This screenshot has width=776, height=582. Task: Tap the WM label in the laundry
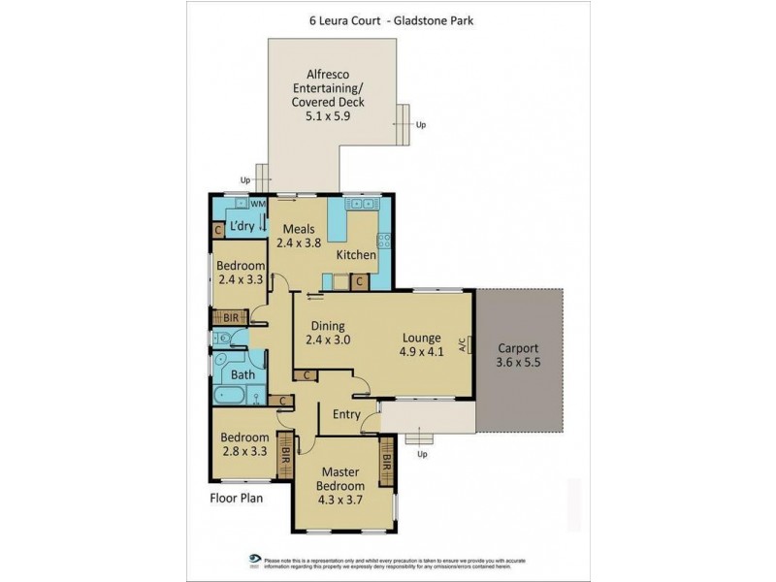[257, 205]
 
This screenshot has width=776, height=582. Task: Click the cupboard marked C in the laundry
[219, 231]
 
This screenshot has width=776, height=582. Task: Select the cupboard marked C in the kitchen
[359, 281]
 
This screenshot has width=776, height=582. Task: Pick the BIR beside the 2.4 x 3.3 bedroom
[231, 317]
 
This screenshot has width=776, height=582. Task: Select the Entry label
[346, 415]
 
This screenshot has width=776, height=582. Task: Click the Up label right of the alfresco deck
[420, 125]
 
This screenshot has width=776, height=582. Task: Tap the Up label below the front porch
[421, 454]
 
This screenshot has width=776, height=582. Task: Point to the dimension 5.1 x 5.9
[328, 114]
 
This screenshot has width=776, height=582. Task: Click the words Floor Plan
[236, 501]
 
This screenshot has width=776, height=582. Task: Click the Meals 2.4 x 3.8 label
[297, 236]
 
